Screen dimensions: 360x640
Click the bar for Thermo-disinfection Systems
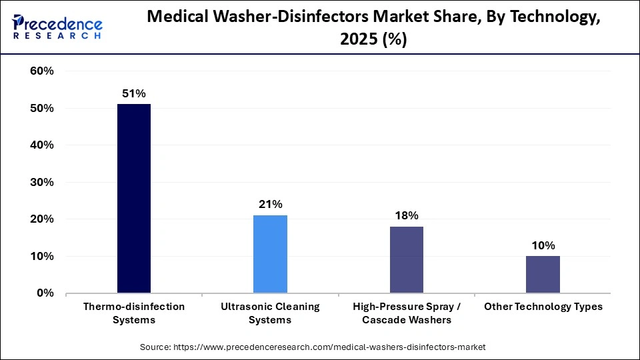pyautogui.click(x=133, y=198)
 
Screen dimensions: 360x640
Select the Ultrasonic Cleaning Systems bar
pyautogui.click(x=270, y=254)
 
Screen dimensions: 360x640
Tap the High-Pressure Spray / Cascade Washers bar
pyautogui.click(x=406, y=259)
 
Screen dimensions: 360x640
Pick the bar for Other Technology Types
pyautogui.click(x=543, y=274)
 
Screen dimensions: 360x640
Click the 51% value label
pyautogui.click(x=133, y=94)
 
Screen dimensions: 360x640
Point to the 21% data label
pyautogui.click(x=270, y=204)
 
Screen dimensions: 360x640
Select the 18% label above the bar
pyautogui.click(x=406, y=215)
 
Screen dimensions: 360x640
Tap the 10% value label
pyautogui.click(x=543, y=245)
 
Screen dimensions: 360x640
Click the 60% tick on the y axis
pyautogui.click(x=41, y=71)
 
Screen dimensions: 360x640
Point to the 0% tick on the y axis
pyautogui.click(x=45, y=293)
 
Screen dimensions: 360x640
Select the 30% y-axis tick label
pyautogui.click(x=41, y=182)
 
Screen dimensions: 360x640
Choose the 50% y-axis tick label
pyautogui.click(x=41, y=108)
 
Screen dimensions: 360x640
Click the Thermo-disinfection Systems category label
pyautogui.click(x=133, y=313)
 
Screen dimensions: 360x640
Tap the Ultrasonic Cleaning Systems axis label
pyautogui.click(x=270, y=313)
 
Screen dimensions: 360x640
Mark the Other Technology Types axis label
pyautogui.click(x=543, y=307)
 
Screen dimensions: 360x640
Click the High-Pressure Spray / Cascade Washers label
pyautogui.click(x=406, y=313)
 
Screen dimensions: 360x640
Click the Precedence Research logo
pyautogui.click(x=57, y=27)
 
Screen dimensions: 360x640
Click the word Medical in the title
pyautogui.click(x=175, y=18)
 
